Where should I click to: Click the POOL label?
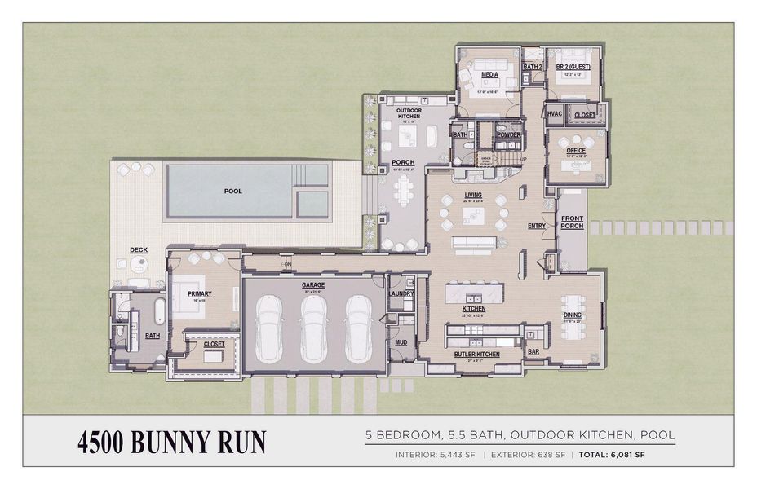[233, 191]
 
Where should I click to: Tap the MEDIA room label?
[489, 74]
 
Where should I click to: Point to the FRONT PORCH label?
[572, 222]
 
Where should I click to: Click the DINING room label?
[572, 315]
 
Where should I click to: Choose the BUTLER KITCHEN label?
[476, 355]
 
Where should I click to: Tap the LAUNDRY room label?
[401, 293]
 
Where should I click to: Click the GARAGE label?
[313, 285]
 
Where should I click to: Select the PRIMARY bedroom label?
[200, 294]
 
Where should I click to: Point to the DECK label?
[138, 249]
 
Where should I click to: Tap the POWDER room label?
[508, 134]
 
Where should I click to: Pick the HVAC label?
[555, 113]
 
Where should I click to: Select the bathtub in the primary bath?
[158, 312]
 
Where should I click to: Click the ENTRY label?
[536, 226]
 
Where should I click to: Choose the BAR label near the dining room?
[533, 352]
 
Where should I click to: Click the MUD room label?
[401, 342]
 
